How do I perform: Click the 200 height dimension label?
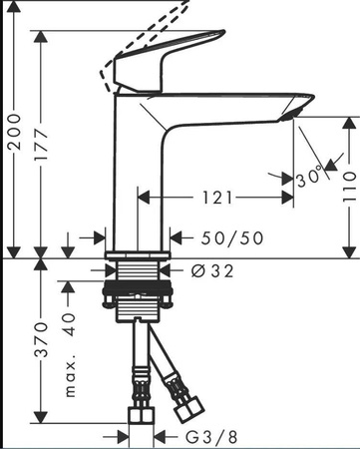[x=15, y=132]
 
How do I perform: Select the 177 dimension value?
[x=42, y=145]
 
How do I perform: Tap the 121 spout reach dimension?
[x=217, y=198]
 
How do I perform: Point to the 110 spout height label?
[x=349, y=188]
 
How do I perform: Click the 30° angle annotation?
[x=309, y=177]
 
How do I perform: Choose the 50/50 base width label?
[x=232, y=238]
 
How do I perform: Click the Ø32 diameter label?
[x=212, y=271]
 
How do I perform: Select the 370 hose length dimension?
[x=42, y=340]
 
